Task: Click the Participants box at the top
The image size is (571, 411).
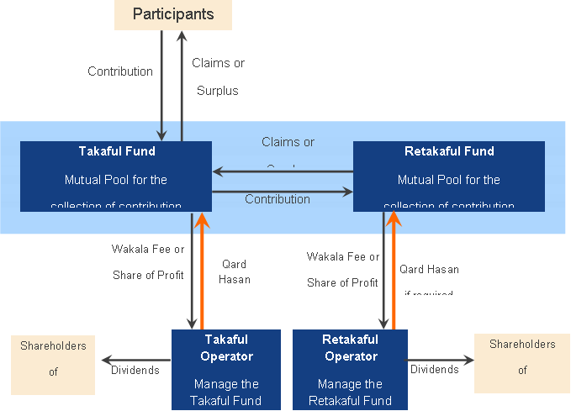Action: [x=173, y=14]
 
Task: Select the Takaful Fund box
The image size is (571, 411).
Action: [x=116, y=176]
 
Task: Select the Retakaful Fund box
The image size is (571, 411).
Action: [x=448, y=176]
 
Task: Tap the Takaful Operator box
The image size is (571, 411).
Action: [x=225, y=369]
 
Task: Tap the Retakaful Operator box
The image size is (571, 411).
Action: [x=350, y=369]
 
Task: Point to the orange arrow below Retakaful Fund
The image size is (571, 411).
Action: [x=393, y=269]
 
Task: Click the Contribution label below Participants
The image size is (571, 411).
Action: [x=120, y=71]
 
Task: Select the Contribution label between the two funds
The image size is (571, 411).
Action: [x=278, y=199]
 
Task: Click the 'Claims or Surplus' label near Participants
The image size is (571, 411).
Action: [x=218, y=76]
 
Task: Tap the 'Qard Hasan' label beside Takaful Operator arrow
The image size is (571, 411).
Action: [x=235, y=271]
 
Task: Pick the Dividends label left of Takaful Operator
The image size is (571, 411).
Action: [x=135, y=370]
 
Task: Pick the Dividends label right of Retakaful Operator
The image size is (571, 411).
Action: [x=435, y=370]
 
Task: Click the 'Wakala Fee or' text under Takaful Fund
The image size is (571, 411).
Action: [x=148, y=250]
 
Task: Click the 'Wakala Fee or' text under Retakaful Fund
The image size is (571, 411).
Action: [x=343, y=257]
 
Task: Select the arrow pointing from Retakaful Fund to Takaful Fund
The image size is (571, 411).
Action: [x=282, y=172]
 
